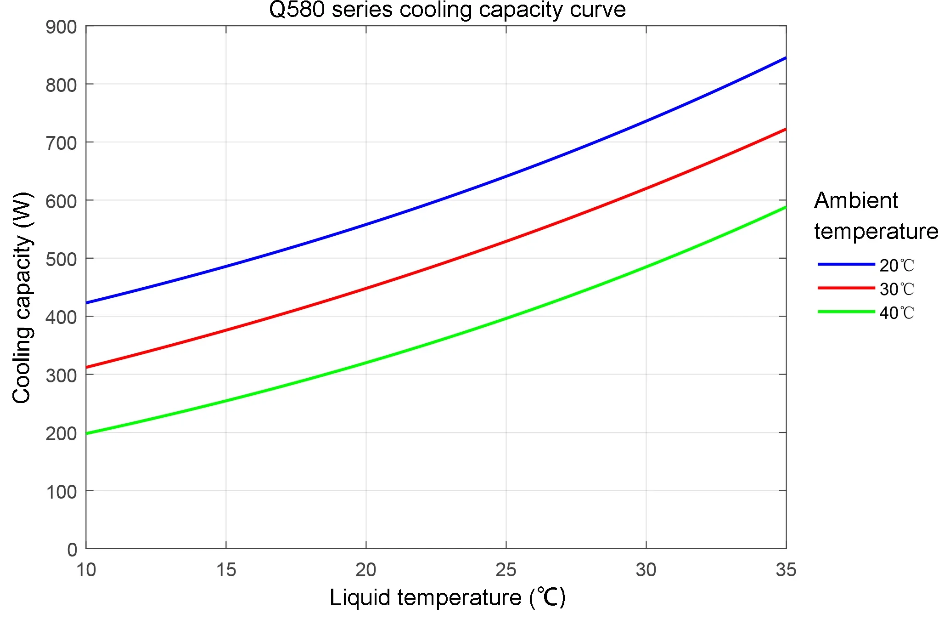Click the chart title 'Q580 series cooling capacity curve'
click(447, 10)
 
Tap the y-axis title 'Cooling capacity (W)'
click(22, 298)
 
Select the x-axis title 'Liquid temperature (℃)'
click(447, 598)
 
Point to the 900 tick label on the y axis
click(61, 27)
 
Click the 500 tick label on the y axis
click(61, 259)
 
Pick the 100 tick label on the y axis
click(61, 492)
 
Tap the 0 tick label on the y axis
click(72, 550)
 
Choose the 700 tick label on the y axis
click(61, 143)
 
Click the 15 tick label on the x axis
click(226, 570)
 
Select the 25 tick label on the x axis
click(506, 570)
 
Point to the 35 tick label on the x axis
click(786, 570)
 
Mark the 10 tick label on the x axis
click(86, 570)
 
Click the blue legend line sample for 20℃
click(846, 264)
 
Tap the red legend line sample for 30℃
click(846, 288)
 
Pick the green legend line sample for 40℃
click(846, 312)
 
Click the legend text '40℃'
click(897, 313)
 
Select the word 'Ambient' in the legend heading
click(856, 201)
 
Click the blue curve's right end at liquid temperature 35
click(785, 58)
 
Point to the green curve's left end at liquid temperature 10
click(87, 433)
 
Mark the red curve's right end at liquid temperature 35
click(785, 130)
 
